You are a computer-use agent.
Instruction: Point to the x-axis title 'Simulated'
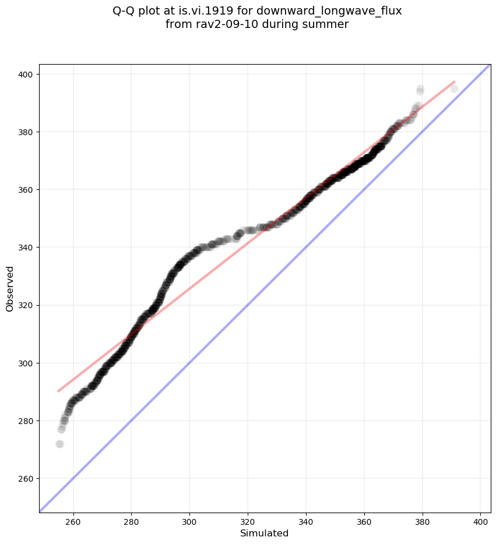click(x=265, y=533)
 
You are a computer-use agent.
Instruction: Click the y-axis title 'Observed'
click(x=10, y=288)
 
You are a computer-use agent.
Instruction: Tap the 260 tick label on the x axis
click(x=73, y=520)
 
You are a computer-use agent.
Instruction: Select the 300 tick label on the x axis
click(x=189, y=520)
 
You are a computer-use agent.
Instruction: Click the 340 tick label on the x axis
click(x=306, y=520)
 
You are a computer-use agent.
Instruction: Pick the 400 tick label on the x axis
click(x=480, y=520)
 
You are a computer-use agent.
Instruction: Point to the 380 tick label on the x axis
click(x=422, y=520)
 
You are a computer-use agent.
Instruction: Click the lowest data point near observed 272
click(x=59, y=444)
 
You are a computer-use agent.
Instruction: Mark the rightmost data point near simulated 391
click(x=454, y=89)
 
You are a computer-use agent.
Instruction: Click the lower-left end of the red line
click(x=58, y=391)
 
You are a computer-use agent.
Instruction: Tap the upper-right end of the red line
click(x=454, y=82)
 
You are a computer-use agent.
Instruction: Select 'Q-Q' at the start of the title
click(x=124, y=10)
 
